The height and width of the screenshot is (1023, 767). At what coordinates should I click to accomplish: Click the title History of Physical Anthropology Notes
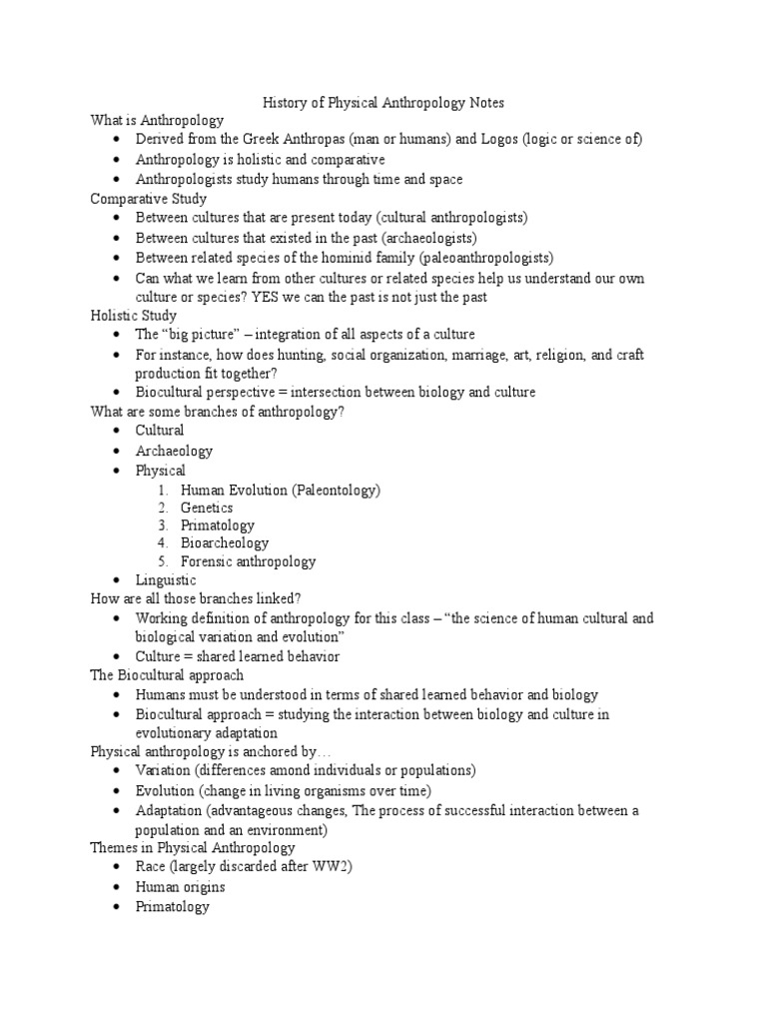(x=383, y=102)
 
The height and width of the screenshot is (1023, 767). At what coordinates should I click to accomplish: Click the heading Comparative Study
(x=148, y=199)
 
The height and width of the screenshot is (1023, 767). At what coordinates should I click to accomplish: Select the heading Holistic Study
(x=134, y=316)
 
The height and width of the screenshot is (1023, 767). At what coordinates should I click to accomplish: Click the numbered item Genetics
(x=207, y=508)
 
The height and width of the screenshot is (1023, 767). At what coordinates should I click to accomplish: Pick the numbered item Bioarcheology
(x=225, y=543)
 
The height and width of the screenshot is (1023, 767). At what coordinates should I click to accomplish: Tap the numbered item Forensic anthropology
(x=248, y=561)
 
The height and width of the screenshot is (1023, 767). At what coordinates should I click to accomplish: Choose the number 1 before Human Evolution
(x=163, y=491)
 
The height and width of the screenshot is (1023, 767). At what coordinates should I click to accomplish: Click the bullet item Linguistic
(x=166, y=580)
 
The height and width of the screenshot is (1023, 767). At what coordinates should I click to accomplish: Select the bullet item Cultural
(x=160, y=431)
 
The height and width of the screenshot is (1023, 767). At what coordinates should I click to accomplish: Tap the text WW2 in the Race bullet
(x=334, y=867)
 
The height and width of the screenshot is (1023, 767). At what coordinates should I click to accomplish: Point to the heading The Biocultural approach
(x=167, y=676)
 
